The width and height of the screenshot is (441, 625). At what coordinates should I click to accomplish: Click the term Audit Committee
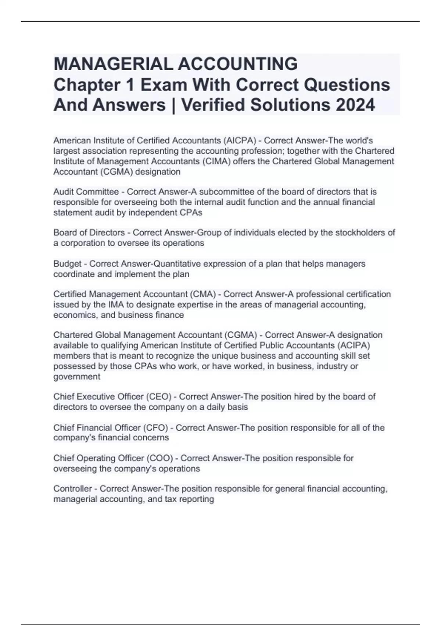[x=86, y=192]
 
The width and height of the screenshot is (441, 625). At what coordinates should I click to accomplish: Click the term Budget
[x=67, y=264]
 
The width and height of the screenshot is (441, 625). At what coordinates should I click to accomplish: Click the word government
[x=76, y=377]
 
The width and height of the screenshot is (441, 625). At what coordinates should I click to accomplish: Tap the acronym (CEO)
[x=159, y=397]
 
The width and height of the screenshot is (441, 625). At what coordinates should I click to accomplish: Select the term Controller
[x=72, y=489]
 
